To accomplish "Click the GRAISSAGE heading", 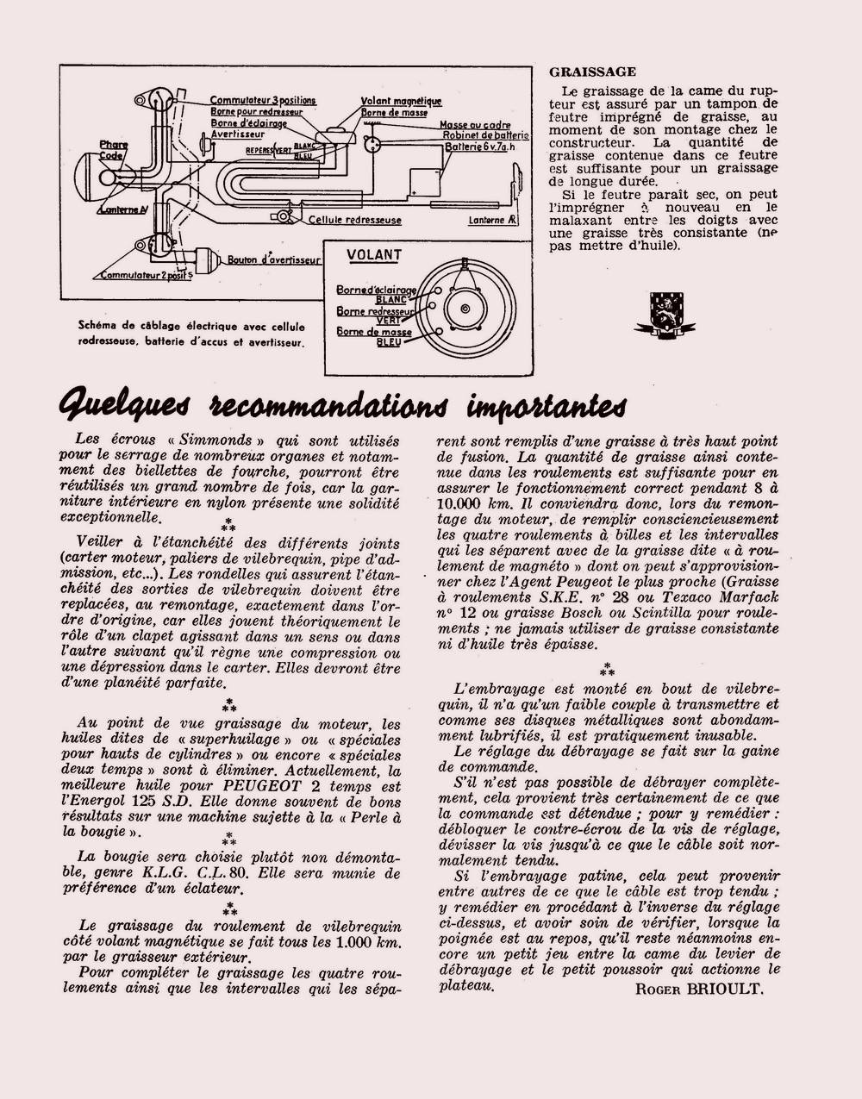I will click(593, 72).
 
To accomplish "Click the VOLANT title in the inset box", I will click(374, 255).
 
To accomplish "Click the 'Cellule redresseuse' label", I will click(355, 220).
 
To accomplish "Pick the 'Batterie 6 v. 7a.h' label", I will click(484, 147).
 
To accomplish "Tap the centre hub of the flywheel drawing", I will click(465, 309).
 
